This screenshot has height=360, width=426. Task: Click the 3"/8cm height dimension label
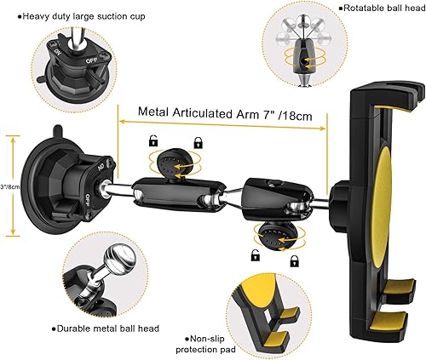click(9, 186)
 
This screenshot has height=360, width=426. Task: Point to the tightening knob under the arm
click(270, 234)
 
